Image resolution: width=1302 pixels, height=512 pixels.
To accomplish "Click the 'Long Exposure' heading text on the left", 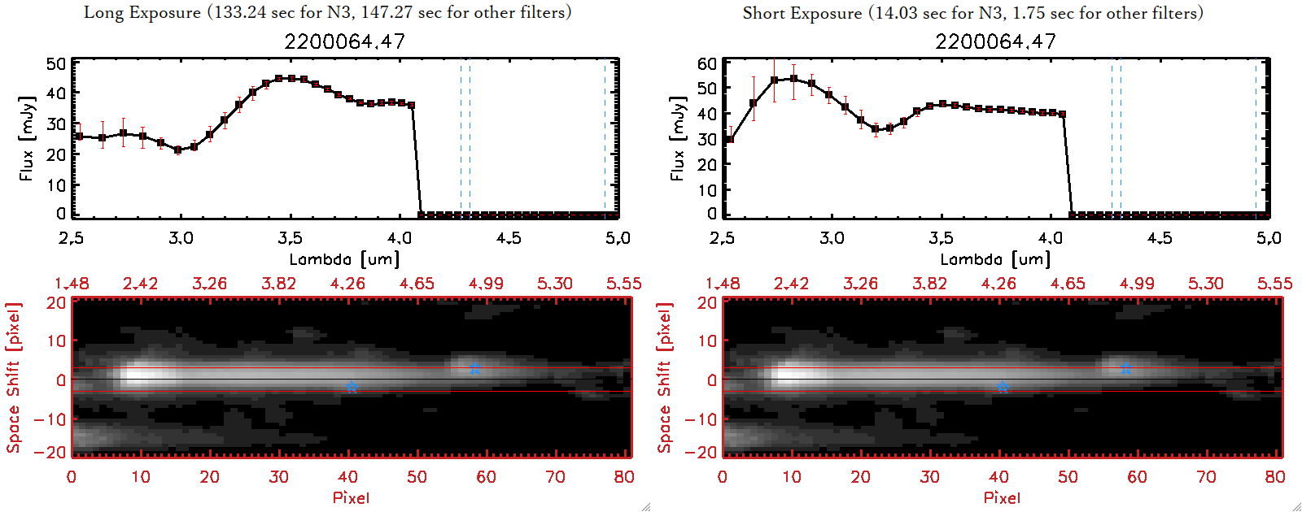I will pos(142,12).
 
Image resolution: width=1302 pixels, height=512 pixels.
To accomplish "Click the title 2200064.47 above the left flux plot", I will pos(344,41).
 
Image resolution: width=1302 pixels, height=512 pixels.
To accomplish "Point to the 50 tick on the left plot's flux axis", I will pos(56,64).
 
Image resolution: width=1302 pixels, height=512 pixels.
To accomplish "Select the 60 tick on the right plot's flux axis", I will pos(707,64).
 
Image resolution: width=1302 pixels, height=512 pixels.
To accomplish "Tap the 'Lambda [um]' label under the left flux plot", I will pos(344,259).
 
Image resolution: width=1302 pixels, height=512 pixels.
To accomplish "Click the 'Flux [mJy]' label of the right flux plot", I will pos(678,138).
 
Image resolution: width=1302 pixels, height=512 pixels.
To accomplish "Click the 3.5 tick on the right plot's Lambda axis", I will pos(941,238).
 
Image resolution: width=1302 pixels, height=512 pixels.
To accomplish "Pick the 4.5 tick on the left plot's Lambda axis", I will pos(509,238).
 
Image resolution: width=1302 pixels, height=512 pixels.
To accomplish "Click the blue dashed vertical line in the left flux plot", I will pos(461,138).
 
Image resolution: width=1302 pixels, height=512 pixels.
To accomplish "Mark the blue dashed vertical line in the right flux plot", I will pos(1112,138).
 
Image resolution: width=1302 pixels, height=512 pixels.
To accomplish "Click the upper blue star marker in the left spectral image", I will pos(474,369).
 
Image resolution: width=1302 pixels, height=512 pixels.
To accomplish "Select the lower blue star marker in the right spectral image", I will pos(1003,388).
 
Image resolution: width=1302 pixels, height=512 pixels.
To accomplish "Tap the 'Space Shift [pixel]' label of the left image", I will pos(14,378).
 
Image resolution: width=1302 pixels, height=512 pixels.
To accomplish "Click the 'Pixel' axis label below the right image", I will pos(1002,497).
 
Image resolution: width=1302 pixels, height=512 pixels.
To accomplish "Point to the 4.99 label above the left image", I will pos(486,284).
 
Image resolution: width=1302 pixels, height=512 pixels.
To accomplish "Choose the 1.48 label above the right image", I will pos(723,284).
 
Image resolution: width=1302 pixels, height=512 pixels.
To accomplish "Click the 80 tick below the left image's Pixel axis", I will pos(624,477).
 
